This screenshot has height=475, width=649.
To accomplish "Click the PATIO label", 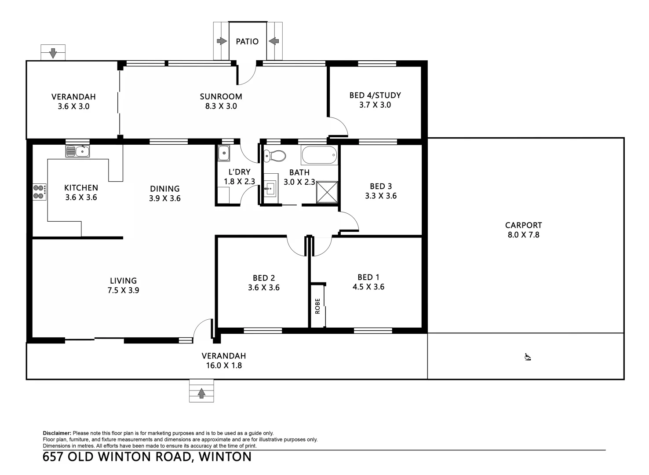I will (247, 41).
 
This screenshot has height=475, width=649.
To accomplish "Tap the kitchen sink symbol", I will (78, 152).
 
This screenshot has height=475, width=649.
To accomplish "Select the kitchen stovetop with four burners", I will (39, 192).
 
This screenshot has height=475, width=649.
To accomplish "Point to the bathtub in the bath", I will (319, 155).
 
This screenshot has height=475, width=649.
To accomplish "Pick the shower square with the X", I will (327, 193).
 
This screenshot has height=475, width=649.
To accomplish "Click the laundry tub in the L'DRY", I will (224, 154).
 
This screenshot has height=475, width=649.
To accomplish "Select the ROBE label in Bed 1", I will (317, 306).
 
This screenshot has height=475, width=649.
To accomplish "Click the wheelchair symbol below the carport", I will (528, 357).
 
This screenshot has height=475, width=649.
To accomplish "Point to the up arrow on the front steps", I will (201, 393).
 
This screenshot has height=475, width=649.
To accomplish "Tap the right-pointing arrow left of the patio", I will (222, 41).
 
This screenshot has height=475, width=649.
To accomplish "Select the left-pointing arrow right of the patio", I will (273, 41).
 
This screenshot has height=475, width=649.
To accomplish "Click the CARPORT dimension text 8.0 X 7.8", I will (523, 235).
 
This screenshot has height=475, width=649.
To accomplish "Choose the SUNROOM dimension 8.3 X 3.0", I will (221, 106).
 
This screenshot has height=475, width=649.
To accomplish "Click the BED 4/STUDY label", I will (375, 95).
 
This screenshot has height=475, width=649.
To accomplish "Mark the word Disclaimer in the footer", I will (57, 433).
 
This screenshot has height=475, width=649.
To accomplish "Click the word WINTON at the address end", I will (225, 457).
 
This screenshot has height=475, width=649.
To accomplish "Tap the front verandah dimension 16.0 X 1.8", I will (224, 365).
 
